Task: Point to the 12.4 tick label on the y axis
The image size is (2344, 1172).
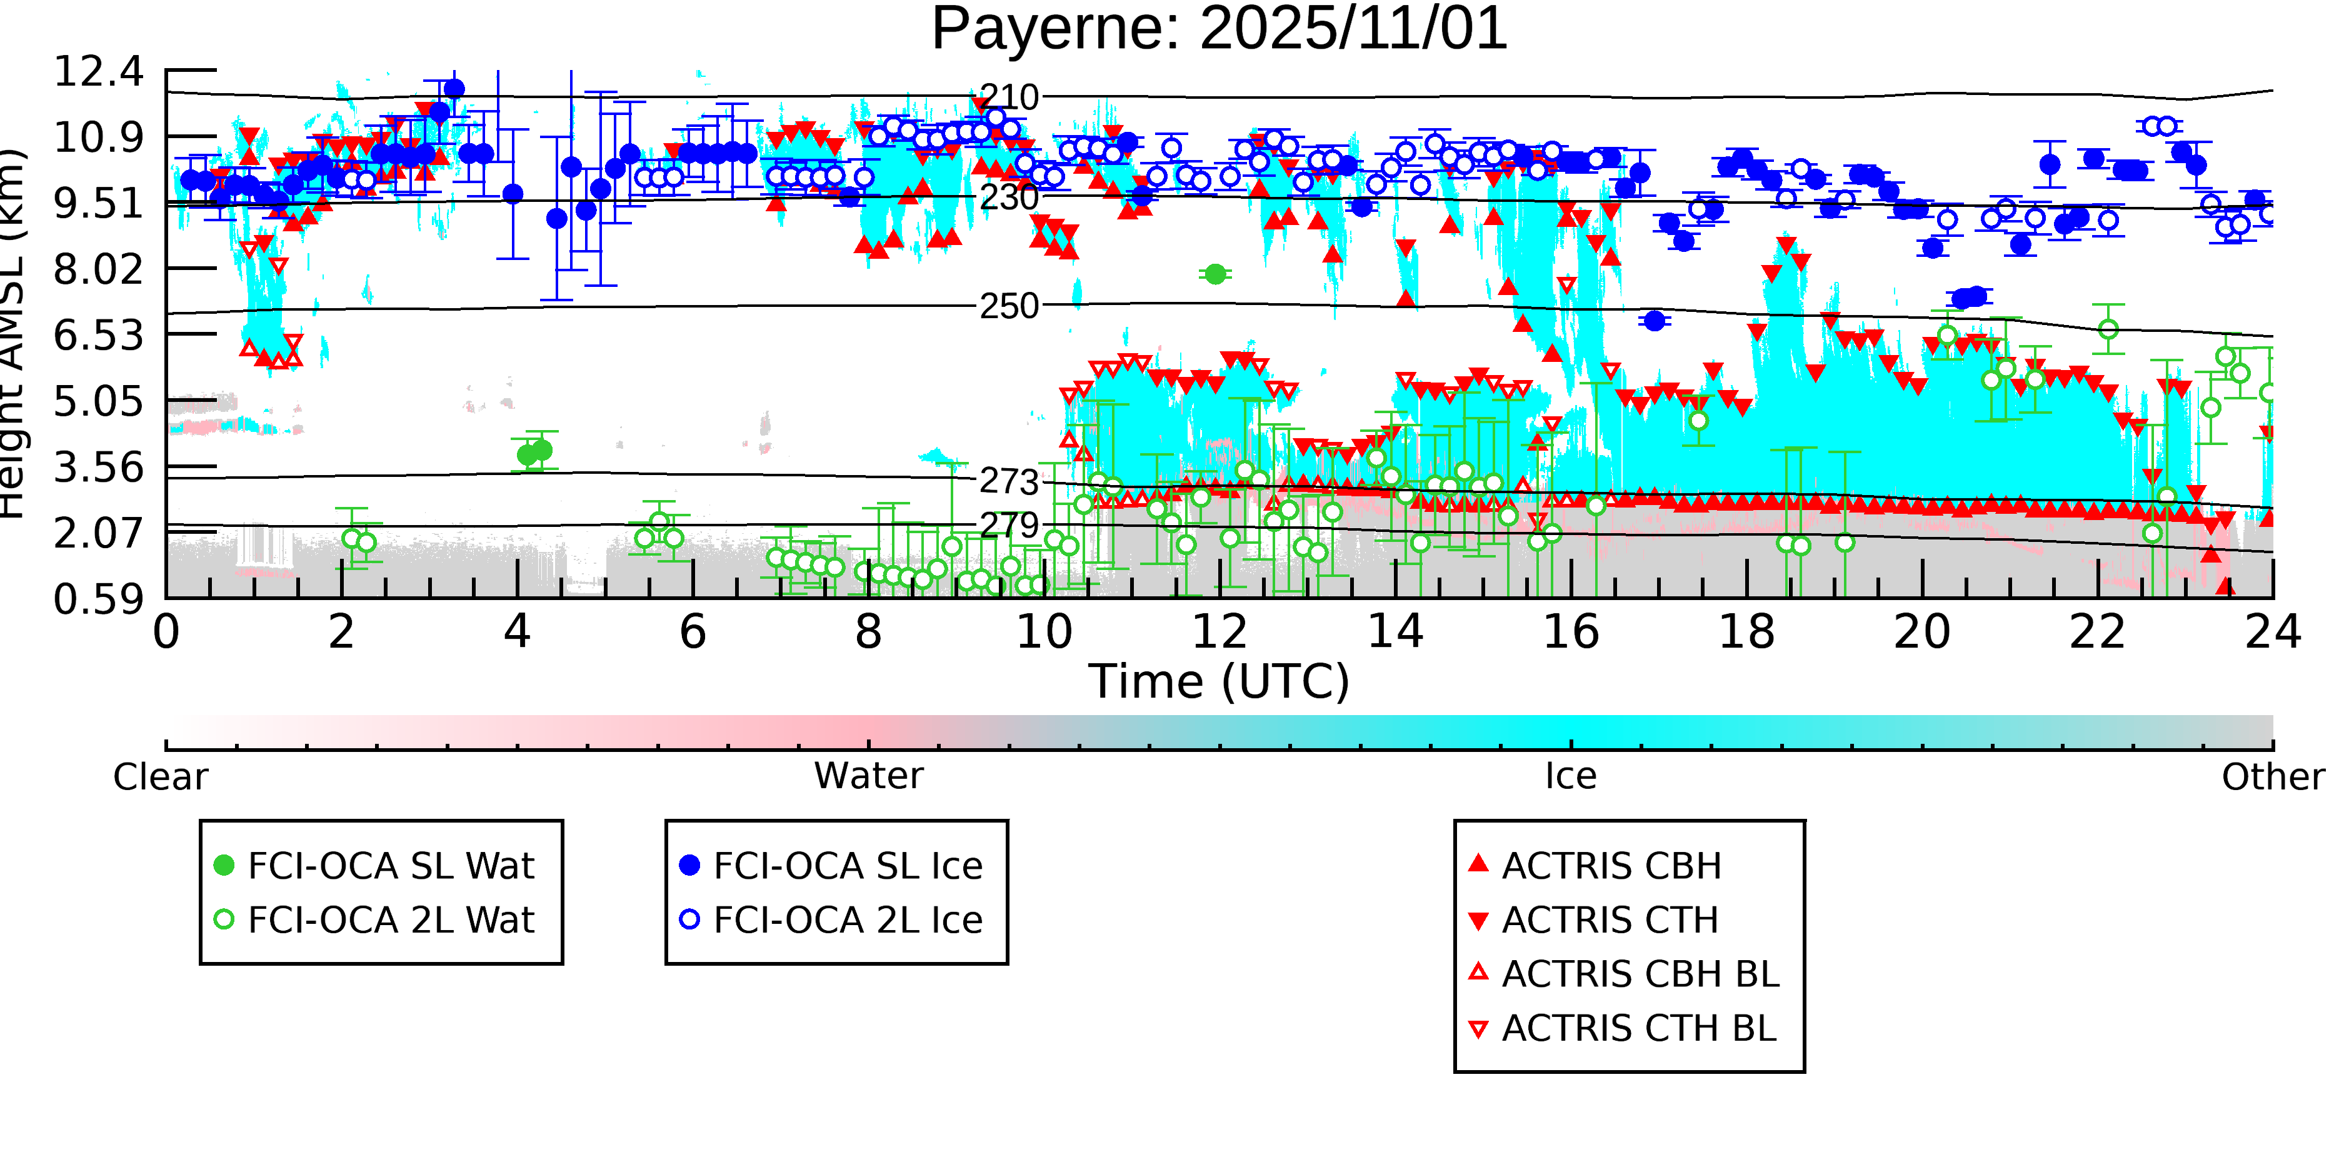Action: coord(98,71)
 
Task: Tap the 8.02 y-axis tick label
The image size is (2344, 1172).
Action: coord(98,269)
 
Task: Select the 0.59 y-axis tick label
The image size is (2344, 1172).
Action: coord(98,599)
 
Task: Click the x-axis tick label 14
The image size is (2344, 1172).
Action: coord(1395,631)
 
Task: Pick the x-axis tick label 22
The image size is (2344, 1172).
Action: coord(2097,631)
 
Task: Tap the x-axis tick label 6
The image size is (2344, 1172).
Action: coord(693,631)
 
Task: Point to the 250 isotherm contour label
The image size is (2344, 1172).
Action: coord(1009,307)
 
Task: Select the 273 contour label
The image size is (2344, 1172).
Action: coord(1009,481)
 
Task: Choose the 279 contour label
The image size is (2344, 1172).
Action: coord(1009,525)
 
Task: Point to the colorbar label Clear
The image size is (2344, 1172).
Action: coord(160,777)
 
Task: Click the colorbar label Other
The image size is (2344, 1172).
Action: coord(2272,777)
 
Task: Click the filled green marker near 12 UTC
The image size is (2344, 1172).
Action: coord(1215,274)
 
